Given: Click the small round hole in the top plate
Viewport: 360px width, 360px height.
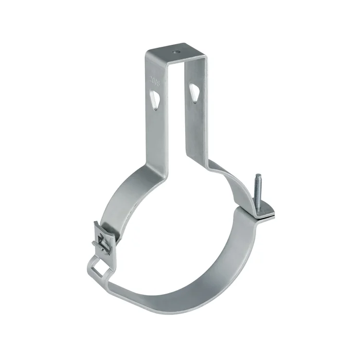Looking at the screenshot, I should (x=176, y=51).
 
